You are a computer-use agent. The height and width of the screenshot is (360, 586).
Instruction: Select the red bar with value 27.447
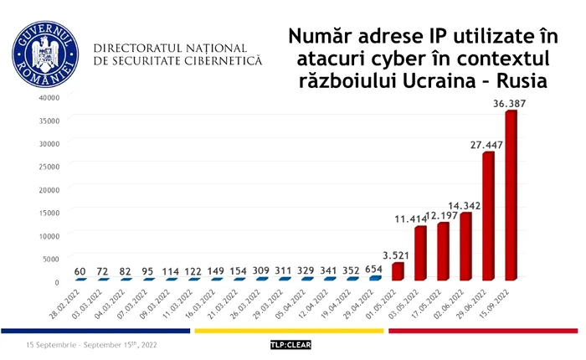pos(488,216)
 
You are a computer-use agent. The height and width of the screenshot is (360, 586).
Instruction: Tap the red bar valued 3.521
pos(398,271)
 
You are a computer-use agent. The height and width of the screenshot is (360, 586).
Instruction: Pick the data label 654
pos(373,270)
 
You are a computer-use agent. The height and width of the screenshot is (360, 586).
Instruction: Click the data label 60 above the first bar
pos(80,272)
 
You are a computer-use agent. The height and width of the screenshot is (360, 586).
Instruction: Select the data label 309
pos(260,272)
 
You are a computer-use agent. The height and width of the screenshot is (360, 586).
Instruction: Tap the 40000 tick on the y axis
pos(48,96)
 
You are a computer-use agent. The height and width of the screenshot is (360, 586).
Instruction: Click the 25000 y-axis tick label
pos(48,166)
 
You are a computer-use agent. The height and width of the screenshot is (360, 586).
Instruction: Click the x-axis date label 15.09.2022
pos(497,302)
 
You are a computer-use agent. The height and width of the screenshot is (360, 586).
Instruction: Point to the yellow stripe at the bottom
pos(289,331)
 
